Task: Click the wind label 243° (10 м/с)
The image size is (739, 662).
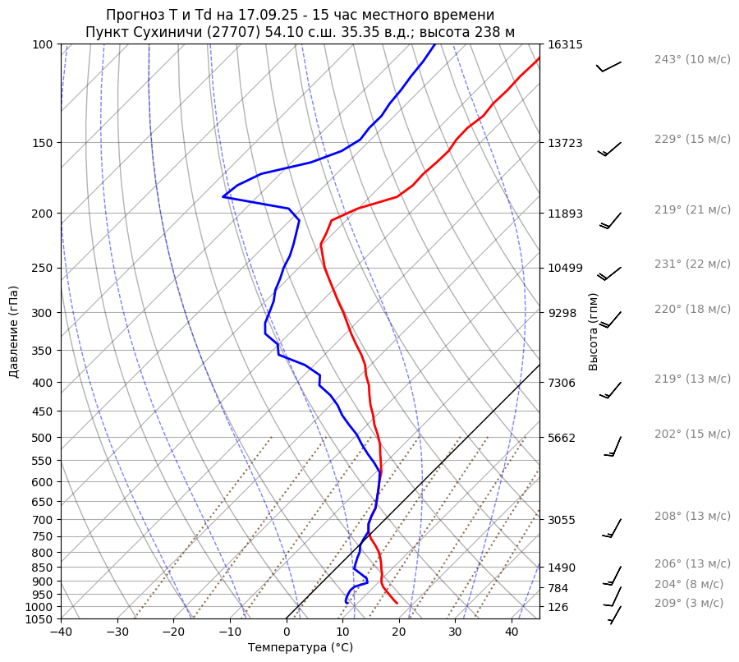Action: click(x=691, y=59)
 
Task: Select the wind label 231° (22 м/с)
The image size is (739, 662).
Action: click(x=691, y=264)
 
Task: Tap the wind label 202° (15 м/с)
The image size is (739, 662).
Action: click(x=691, y=434)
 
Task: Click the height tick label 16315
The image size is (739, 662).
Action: click(x=565, y=44)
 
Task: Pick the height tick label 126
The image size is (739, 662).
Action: click(x=558, y=607)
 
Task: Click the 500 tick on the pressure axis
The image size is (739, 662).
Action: click(x=44, y=438)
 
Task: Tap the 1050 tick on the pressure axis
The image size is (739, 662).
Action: click(x=40, y=619)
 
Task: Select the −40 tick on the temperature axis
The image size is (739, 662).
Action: click(x=61, y=632)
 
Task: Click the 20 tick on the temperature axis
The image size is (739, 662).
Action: click(x=399, y=632)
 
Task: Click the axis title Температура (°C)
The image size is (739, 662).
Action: click(x=300, y=648)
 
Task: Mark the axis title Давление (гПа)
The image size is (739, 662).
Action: click(x=14, y=332)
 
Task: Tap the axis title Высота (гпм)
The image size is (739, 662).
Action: click(x=594, y=332)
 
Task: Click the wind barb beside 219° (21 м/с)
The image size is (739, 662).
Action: click(x=611, y=220)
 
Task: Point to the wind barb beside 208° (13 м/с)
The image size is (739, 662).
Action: click(x=613, y=528)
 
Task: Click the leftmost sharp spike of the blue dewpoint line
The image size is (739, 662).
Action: click(x=223, y=196)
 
